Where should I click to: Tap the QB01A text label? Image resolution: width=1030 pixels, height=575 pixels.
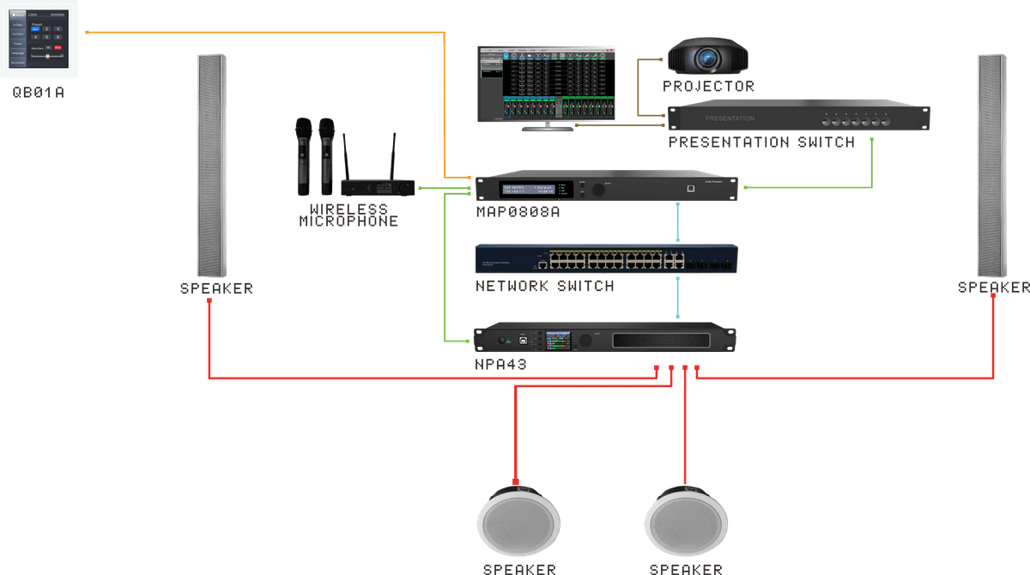click(x=39, y=92)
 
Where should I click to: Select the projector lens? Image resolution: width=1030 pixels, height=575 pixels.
click(x=708, y=58)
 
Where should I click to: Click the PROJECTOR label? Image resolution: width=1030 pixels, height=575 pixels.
click(x=709, y=87)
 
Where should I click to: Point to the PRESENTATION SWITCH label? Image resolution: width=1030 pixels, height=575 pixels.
click(x=761, y=142)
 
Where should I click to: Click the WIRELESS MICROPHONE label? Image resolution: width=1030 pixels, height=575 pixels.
click(x=348, y=215)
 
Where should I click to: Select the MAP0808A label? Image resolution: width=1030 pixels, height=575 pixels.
click(x=518, y=212)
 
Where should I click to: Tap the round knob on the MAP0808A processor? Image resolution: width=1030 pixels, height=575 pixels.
click(x=585, y=188)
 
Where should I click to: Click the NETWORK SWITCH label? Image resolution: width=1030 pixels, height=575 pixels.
click(x=545, y=286)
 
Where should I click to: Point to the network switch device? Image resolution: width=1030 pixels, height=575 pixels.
click(x=607, y=258)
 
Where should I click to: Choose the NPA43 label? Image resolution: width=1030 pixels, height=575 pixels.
click(x=500, y=365)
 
